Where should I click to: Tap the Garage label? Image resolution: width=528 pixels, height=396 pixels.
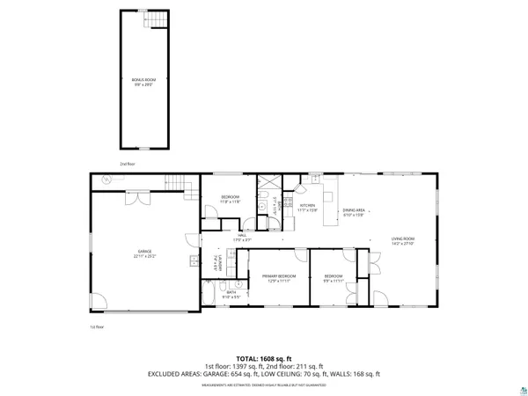pyautogui.click(x=144, y=253)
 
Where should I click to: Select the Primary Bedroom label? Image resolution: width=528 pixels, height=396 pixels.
pyautogui.click(x=278, y=278)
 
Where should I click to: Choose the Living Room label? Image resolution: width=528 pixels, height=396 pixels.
pyautogui.click(x=402, y=241)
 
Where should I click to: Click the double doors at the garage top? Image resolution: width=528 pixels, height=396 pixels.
pyautogui.click(x=132, y=198)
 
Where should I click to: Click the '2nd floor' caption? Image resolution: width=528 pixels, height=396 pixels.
pyautogui.click(x=128, y=164)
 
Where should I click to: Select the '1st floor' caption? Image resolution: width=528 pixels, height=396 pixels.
pyautogui.click(x=96, y=327)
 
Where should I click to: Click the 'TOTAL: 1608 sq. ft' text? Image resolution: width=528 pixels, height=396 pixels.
pyautogui.click(x=263, y=359)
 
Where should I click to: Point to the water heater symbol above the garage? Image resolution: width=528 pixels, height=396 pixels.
pyautogui.click(x=107, y=180)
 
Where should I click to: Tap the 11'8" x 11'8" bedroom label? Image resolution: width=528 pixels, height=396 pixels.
pyautogui.click(x=230, y=199)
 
